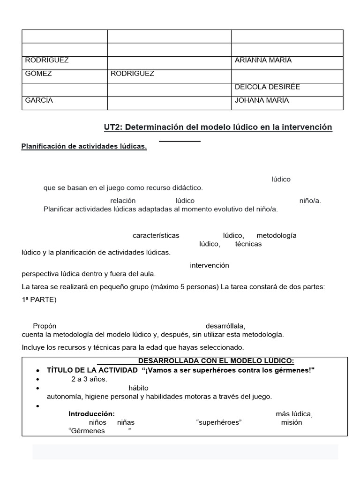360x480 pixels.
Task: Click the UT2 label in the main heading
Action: tap(112, 127)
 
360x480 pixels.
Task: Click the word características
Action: tap(156, 235)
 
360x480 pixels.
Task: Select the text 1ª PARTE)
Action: tap(39, 300)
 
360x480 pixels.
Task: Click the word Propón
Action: tap(45, 326)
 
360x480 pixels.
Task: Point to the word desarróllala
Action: tap(225, 326)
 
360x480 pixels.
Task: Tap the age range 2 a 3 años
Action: tap(89, 379)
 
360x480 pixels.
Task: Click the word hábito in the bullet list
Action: tap(138, 388)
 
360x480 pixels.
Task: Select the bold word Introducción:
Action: tap(91, 414)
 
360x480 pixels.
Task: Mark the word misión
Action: tap(292, 422)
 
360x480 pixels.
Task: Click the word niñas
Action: tap(126, 422)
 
